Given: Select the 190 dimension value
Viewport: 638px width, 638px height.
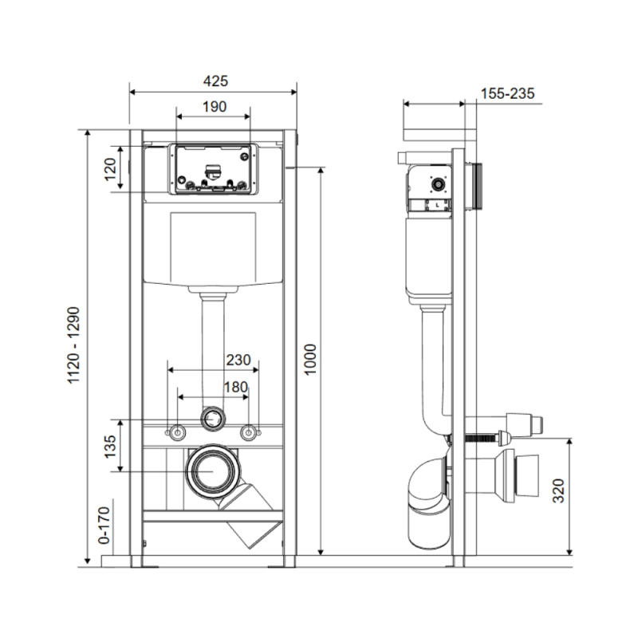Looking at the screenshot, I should [213, 107].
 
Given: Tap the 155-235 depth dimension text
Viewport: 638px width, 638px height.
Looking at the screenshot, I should [507, 93].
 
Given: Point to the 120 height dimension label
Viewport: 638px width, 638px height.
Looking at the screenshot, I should [111, 168].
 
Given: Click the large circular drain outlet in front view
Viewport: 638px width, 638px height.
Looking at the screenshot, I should [213, 471].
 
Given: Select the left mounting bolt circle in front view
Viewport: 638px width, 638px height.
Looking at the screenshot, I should [176, 433].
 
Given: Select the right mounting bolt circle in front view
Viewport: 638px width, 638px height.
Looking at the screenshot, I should [250, 433].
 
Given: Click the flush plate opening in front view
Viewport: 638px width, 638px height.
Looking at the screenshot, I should [213, 168].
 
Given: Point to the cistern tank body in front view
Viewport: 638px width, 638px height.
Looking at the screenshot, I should [213, 247].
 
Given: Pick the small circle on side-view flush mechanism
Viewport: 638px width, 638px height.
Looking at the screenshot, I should [436, 184].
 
